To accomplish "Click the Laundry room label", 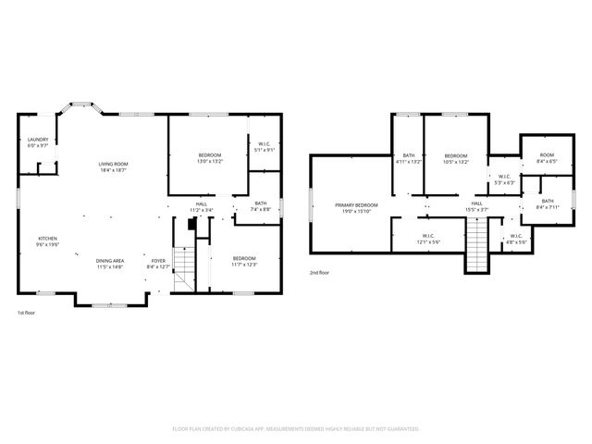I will tap(38, 142).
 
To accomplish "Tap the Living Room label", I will tap(114, 166).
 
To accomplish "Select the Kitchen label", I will tap(47, 240).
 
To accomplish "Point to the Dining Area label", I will tap(110, 264).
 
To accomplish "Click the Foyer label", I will tap(158, 264).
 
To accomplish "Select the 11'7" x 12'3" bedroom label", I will tap(244, 261).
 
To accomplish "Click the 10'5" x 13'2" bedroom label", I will tap(456, 158).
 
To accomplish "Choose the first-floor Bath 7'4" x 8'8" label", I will tap(261, 206).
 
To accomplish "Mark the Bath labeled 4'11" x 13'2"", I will tap(408, 158).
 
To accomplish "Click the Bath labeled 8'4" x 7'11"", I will tap(548, 203).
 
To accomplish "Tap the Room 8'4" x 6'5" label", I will tap(548, 157).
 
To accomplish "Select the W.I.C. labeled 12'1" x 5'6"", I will tap(428, 239).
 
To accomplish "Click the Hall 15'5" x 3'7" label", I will tap(476, 206).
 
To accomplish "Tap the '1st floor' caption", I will tap(28, 314).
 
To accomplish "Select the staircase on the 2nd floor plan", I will tap(475, 249).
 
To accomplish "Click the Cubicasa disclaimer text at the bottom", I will tap(296, 429).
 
